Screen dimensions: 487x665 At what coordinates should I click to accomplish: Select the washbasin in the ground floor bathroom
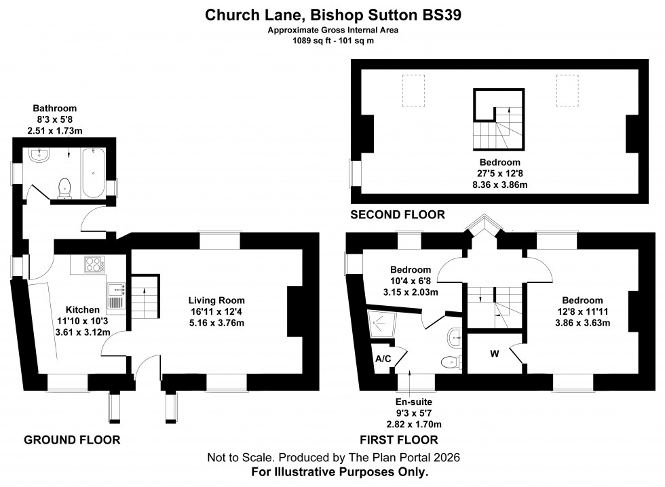tap(40, 157)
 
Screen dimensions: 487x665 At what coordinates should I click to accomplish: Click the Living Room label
tap(216, 300)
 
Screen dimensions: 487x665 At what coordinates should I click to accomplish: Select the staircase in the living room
tap(143, 298)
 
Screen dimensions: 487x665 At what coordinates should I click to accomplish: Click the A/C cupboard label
tap(383, 359)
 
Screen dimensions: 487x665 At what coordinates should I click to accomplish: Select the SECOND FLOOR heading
tap(397, 215)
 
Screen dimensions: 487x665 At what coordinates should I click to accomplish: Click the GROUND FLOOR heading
tap(72, 440)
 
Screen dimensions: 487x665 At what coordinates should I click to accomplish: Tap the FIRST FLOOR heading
tap(400, 440)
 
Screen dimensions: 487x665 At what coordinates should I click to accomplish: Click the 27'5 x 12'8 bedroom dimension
tap(499, 174)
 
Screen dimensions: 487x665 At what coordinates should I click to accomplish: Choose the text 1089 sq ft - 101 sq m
tap(332, 41)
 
